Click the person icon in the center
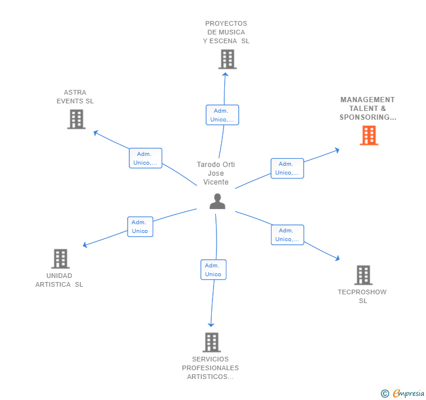pos(217,201)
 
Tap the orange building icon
pos(369,135)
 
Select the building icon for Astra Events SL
pos(76,119)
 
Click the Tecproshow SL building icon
pos(363,274)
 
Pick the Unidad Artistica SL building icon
pos(60,259)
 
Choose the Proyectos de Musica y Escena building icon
pos(227,59)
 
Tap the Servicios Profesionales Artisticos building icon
pos(211,342)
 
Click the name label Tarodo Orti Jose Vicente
pos(216,173)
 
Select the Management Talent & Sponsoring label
pos(367,109)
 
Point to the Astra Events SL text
pos(75,97)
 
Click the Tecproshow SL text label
pos(362,296)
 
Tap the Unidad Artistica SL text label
pos(59,280)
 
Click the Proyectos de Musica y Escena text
pos(226,33)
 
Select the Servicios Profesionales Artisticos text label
pos(210,368)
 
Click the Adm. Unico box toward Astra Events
pos(145,158)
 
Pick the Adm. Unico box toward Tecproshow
pos(287,235)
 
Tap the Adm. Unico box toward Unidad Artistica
pos(140,227)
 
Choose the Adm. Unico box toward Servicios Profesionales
pos(213,270)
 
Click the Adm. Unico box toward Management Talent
pos(287,168)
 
